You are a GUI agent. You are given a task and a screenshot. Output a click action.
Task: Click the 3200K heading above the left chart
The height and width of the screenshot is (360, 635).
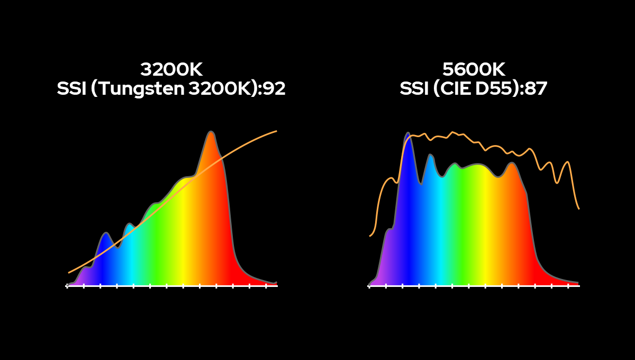pos(171,70)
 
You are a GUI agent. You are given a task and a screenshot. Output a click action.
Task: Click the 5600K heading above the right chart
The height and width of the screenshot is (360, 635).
pos(474,70)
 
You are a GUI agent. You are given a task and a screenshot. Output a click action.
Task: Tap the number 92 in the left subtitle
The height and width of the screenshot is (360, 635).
pos(274,88)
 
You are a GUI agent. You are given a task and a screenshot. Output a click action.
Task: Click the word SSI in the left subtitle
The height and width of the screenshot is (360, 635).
pos(69,88)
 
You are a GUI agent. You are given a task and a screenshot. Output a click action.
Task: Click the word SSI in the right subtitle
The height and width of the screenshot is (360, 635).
pos(413,88)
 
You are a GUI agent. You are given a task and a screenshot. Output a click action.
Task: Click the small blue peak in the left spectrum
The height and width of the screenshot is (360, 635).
pos(106,233)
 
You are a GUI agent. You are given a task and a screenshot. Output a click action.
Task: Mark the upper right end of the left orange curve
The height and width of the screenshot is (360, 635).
pos(276,131)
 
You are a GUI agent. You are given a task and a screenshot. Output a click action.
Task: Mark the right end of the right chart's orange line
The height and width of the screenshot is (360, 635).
pos(579,209)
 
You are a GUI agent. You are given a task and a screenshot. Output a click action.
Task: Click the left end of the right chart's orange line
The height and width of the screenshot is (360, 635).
pos(370,235)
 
